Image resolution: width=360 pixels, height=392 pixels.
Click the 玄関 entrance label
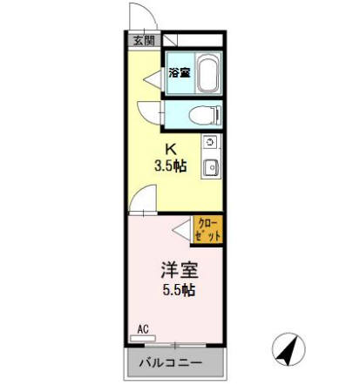tap(143, 40)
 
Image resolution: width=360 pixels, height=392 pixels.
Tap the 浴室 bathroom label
tap(180, 73)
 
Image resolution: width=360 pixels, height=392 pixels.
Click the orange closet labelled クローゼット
tap(208, 231)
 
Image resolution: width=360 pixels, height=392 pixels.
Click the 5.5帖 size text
tap(175, 290)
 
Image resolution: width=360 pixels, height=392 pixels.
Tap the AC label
tap(143, 329)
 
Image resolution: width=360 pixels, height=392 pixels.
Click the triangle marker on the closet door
tap(181, 231)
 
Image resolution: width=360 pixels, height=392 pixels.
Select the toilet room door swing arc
tap(148, 112)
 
